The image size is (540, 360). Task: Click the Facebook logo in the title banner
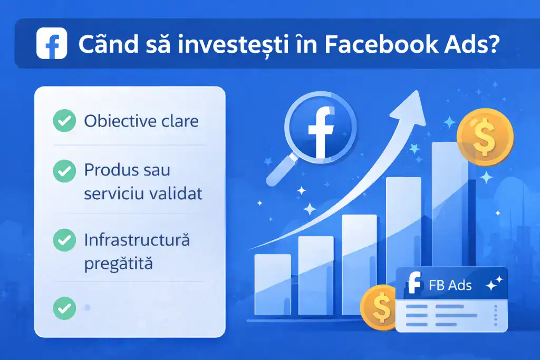click(x=51, y=44)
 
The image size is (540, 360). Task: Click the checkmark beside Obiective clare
click(x=64, y=122)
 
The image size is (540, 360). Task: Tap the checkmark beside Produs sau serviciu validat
click(x=64, y=170)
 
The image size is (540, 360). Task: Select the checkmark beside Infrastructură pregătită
click(x=64, y=240)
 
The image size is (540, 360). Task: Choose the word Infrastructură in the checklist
click(x=137, y=240)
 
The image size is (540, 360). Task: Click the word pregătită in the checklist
click(x=118, y=262)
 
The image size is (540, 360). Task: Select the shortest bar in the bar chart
click(x=273, y=285)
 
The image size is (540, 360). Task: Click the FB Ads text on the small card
click(x=450, y=286)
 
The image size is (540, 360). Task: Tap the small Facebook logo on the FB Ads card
click(x=414, y=285)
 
